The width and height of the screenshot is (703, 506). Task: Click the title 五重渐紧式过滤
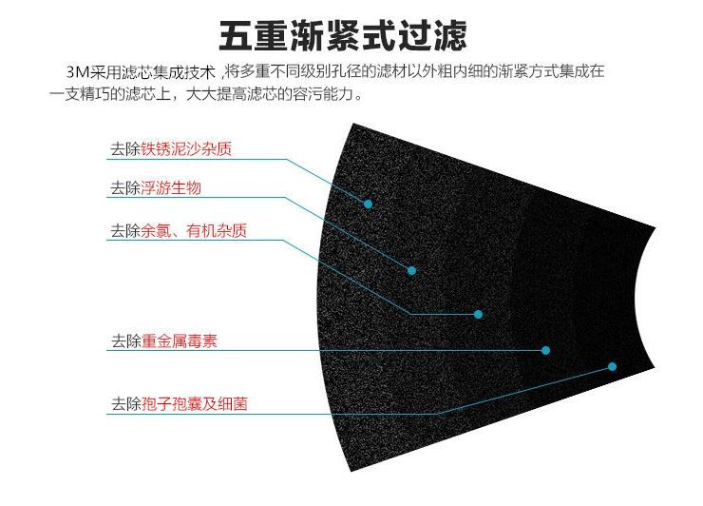pyautogui.click(x=344, y=35)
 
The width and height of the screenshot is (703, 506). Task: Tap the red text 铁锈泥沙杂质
pyautogui.click(x=186, y=149)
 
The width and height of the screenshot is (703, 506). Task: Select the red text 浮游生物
pyautogui.click(x=171, y=187)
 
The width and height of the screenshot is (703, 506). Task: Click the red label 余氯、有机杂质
pyautogui.click(x=194, y=231)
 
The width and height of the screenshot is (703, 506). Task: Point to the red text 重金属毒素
pyautogui.click(x=180, y=341)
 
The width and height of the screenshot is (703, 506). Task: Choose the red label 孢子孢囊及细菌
pyautogui.click(x=195, y=404)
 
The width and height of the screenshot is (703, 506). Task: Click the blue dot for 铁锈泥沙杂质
pyautogui.click(x=368, y=204)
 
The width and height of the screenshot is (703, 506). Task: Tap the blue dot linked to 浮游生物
pyautogui.click(x=411, y=270)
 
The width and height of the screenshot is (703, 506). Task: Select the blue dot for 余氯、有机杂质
pyautogui.click(x=479, y=314)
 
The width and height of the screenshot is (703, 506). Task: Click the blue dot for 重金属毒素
pyautogui.click(x=545, y=350)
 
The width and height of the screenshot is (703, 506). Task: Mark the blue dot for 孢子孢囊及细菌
pyautogui.click(x=612, y=367)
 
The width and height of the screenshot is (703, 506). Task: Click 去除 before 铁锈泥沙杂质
pyautogui.click(x=125, y=149)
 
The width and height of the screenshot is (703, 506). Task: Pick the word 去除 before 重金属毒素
pyautogui.click(x=126, y=341)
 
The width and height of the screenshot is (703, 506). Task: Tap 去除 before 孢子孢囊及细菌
pyautogui.click(x=126, y=404)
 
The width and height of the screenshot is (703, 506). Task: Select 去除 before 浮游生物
pyautogui.click(x=125, y=187)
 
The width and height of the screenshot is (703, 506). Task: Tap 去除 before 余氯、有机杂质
pyautogui.click(x=125, y=231)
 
